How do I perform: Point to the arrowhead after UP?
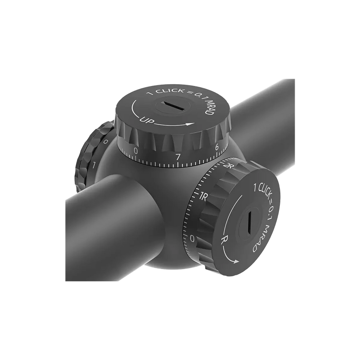pos(193,125)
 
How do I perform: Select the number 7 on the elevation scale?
pos(178,157)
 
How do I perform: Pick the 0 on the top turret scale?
pos(136,152)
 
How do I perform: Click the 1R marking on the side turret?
pos(202,196)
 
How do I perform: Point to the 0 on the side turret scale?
pos(192,238)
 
